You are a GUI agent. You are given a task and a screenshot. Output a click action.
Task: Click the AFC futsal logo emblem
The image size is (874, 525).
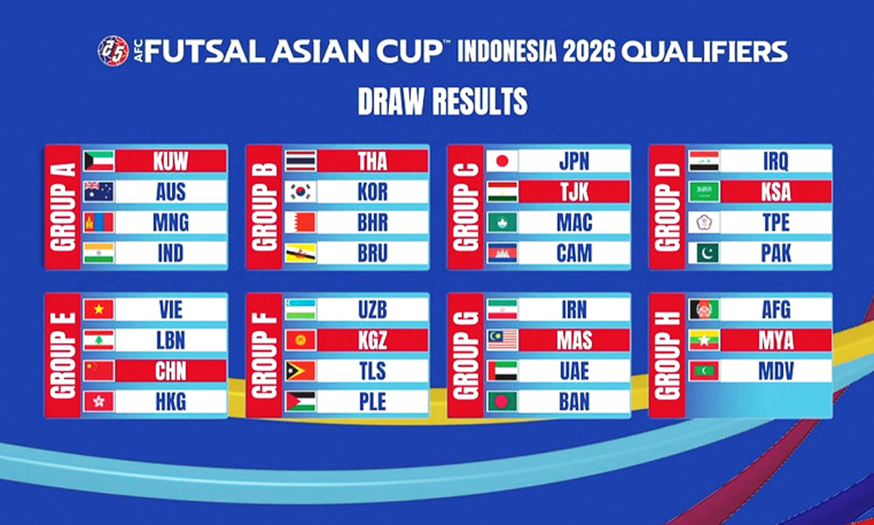click(x=113, y=51)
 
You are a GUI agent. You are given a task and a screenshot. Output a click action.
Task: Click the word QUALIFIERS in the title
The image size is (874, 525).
click(x=704, y=52)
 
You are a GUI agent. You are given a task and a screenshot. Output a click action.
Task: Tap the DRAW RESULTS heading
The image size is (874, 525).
click(x=442, y=101)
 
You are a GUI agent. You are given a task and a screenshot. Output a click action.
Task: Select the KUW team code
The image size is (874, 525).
click(x=170, y=161)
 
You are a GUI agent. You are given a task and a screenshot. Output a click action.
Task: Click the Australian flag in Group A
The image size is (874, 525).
click(x=99, y=192)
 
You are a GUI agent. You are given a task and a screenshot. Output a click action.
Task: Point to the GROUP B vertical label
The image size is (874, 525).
click(x=264, y=206)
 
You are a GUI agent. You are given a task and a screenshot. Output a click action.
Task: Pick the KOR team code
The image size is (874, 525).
click(x=372, y=192)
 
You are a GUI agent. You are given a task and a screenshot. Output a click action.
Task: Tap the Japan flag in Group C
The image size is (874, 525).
click(x=503, y=161)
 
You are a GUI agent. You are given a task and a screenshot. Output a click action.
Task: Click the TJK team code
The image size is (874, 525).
click(x=574, y=192)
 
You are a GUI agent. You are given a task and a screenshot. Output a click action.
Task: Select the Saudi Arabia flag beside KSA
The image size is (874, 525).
click(x=704, y=192)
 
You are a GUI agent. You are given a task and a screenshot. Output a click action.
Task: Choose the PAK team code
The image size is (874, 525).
click(x=775, y=253)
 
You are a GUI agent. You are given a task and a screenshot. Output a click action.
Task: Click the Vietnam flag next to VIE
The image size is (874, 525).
click(x=99, y=309)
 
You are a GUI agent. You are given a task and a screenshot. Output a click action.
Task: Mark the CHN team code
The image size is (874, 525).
click(x=170, y=370)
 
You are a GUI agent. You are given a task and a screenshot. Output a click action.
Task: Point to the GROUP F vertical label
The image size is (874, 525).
click(x=264, y=355)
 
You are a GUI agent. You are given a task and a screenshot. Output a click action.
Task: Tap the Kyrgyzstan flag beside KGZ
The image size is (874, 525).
click(x=301, y=339)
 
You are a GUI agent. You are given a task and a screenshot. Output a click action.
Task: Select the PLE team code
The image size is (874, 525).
click(x=372, y=401)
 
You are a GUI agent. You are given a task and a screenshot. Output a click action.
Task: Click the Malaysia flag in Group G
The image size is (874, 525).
click(x=503, y=339)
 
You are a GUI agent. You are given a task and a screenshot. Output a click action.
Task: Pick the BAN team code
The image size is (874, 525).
click(x=574, y=401)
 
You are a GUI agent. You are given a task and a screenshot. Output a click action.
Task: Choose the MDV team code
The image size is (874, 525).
click(x=775, y=370)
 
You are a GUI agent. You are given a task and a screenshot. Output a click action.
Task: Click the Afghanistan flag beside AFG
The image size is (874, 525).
click(x=704, y=309)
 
